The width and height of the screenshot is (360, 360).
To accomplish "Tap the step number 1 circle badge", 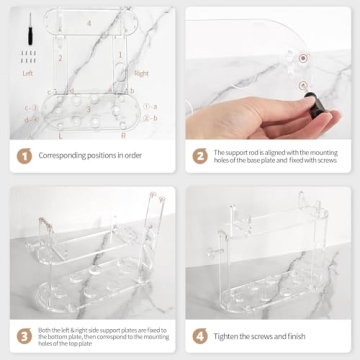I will point(21,155).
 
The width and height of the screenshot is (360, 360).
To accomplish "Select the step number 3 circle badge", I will point(21,335).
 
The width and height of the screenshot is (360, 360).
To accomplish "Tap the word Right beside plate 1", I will point(141,72).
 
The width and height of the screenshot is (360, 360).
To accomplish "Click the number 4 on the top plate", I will point(89,21).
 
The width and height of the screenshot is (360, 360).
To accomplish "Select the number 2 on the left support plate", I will point(60,58).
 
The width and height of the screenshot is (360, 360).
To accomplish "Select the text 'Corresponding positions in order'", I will point(91,155).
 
